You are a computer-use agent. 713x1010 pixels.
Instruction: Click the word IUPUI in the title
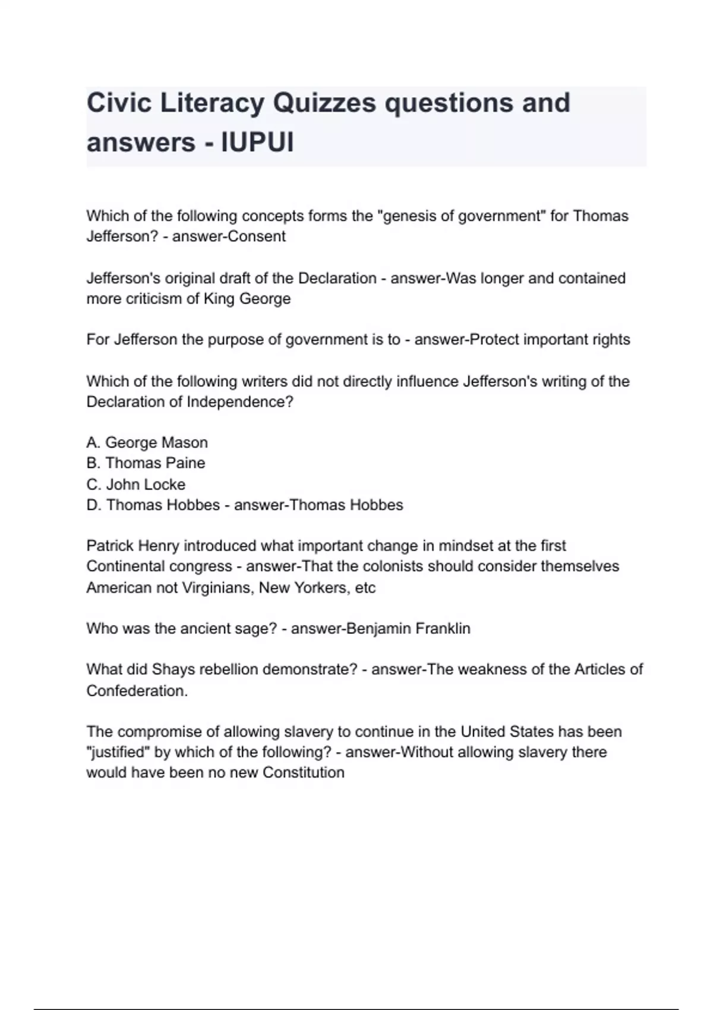tap(257, 143)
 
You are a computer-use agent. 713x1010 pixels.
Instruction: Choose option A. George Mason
tap(147, 443)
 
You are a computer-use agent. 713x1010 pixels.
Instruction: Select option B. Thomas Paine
tap(146, 463)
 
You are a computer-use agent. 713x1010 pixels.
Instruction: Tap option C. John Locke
tap(136, 484)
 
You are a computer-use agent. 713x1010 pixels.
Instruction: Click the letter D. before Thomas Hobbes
tap(94, 505)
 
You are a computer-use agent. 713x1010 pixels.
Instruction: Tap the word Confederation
tap(137, 691)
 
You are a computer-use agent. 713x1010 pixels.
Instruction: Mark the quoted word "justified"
tap(118, 752)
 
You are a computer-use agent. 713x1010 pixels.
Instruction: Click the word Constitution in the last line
tap(304, 772)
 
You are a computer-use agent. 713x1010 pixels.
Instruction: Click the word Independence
tap(240, 402)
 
